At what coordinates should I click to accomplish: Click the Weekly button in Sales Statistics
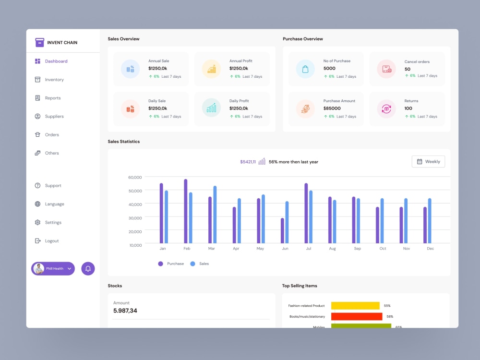point(428,162)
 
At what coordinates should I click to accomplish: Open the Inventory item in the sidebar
point(49,80)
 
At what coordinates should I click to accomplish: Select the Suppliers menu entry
point(49,116)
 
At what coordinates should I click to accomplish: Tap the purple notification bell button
point(88,269)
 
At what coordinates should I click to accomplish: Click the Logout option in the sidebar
point(47,241)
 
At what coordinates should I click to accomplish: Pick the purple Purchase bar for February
point(185,211)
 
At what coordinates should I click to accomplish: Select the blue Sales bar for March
point(215,215)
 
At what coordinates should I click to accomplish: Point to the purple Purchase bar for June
point(282,230)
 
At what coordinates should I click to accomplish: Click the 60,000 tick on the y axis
point(135,177)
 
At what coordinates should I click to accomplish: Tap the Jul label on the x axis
point(309,249)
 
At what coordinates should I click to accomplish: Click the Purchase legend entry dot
point(160,264)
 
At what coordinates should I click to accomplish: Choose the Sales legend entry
point(200,264)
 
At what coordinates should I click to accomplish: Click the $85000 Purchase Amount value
point(332,108)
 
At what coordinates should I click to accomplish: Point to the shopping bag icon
point(305,69)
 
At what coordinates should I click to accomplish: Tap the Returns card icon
point(386,108)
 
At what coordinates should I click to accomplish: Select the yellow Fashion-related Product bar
point(355,305)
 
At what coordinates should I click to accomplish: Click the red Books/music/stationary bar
point(357,316)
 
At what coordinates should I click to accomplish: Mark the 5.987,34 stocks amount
point(125,311)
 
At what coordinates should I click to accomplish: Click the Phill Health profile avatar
point(38,269)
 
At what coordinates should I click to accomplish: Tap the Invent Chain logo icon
point(39,42)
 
